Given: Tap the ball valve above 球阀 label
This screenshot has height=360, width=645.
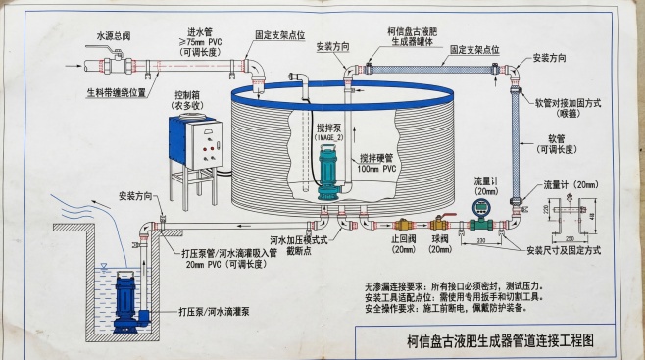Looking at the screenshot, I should click(x=441, y=225).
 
